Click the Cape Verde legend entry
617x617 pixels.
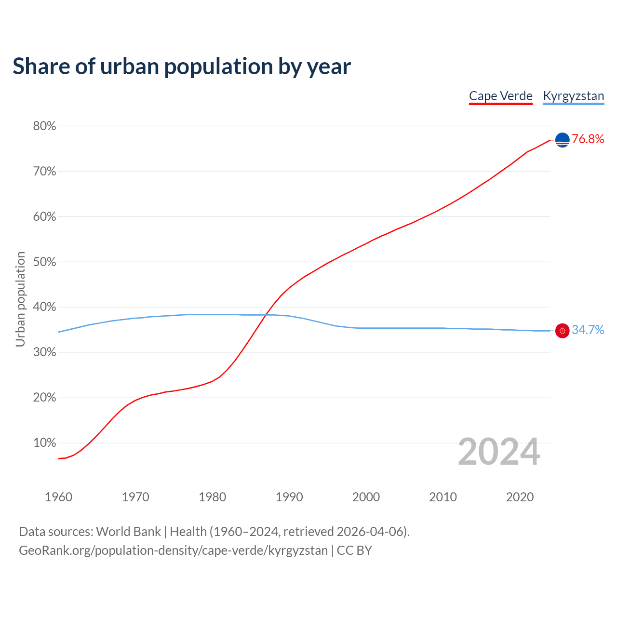click(501, 96)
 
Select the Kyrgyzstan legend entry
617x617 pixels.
click(573, 96)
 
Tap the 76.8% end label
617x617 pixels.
click(588, 139)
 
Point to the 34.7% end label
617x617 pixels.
click(588, 330)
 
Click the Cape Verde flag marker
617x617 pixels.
click(563, 140)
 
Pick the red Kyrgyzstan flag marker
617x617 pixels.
click(563, 331)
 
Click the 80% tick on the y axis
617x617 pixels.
click(44, 126)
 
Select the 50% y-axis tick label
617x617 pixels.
click(44, 262)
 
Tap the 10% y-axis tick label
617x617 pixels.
click(44, 443)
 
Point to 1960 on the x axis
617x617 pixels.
click(58, 497)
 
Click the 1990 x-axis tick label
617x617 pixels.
click(289, 497)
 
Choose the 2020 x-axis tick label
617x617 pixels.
click(520, 497)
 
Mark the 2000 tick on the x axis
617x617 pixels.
click(366, 497)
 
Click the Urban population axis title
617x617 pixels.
click(20, 299)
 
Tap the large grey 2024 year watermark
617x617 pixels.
click(499, 452)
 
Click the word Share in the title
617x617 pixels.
click(40, 66)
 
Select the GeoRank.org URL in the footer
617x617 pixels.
click(173, 550)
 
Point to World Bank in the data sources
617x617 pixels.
click(128, 532)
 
